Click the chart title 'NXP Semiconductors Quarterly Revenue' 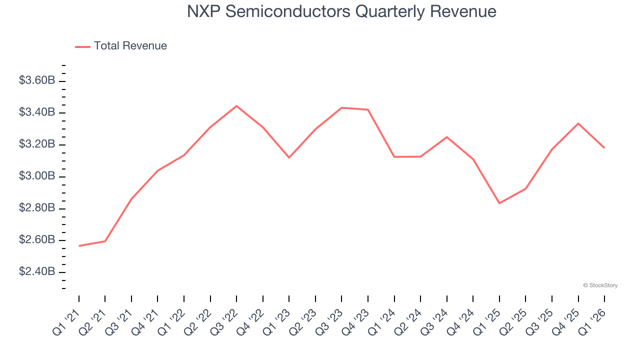341,11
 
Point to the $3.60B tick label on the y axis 36,80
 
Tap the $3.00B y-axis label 36,176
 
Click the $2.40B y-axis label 36,272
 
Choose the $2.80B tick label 36,208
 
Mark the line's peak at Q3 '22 236,106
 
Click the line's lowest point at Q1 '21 79,246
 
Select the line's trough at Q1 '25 499,203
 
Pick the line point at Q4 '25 578,123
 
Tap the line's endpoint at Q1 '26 604,148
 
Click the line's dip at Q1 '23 289,157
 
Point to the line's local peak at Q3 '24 446,137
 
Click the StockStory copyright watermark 600,285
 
